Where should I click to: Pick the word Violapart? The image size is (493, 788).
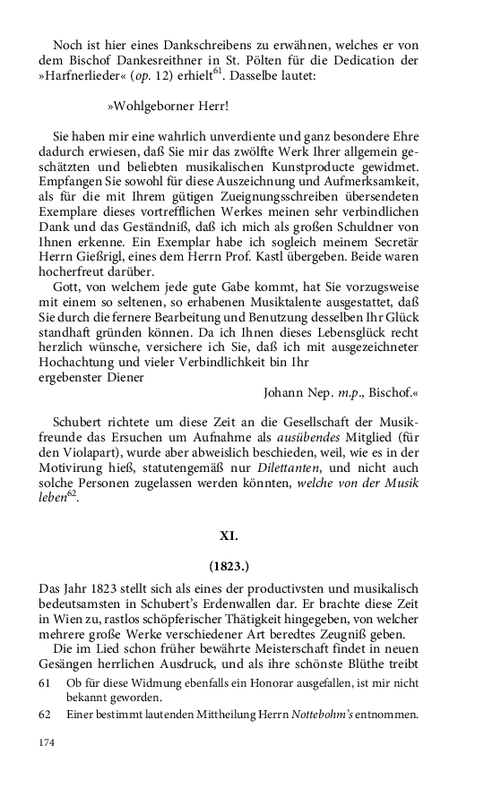(97, 451)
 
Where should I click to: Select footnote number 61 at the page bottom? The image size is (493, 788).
(47, 683)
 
